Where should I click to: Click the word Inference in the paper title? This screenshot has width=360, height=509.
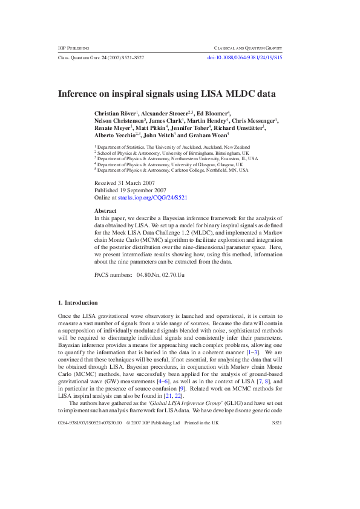[80, 94]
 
